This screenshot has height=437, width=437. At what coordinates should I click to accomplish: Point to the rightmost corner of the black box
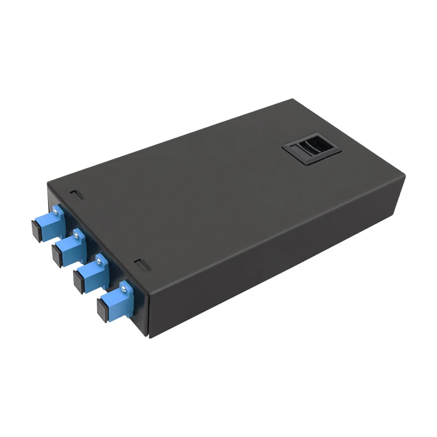(405, 178)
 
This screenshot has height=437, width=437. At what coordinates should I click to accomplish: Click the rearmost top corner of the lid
(293, 99)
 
